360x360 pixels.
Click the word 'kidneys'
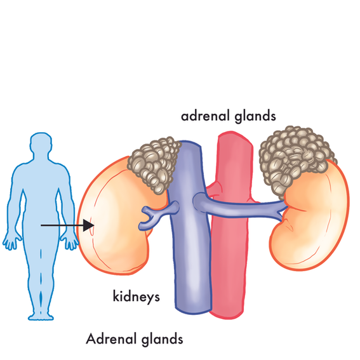(136, 297)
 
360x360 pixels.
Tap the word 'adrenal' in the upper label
(206, 116)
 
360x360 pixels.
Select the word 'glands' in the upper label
(255, 117)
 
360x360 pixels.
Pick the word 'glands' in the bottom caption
(162, 340)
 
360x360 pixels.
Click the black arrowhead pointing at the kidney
(88, 225)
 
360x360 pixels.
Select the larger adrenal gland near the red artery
(295, 159)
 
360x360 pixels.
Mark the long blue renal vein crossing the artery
(239, 206)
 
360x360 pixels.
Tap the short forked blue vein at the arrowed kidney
(159, 212)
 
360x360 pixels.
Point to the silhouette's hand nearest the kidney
(70, 241)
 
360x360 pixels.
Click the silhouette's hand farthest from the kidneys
(11, 241)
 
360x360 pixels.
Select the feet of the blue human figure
(41, 316)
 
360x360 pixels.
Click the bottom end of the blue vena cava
(193, 311)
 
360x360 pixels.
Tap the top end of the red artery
(234, 133)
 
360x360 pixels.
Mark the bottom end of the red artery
(227, 316)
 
